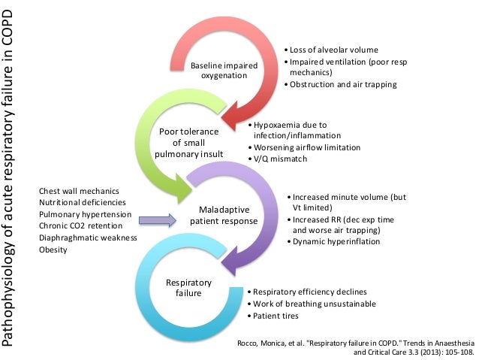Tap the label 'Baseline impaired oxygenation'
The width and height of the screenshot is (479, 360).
[x=224, y=71]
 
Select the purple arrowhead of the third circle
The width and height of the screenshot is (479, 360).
[x=239, y=259]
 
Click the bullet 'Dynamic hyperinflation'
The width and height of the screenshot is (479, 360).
[x=334, y=241]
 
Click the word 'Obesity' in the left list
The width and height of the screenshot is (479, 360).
[x=53, y=250]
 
